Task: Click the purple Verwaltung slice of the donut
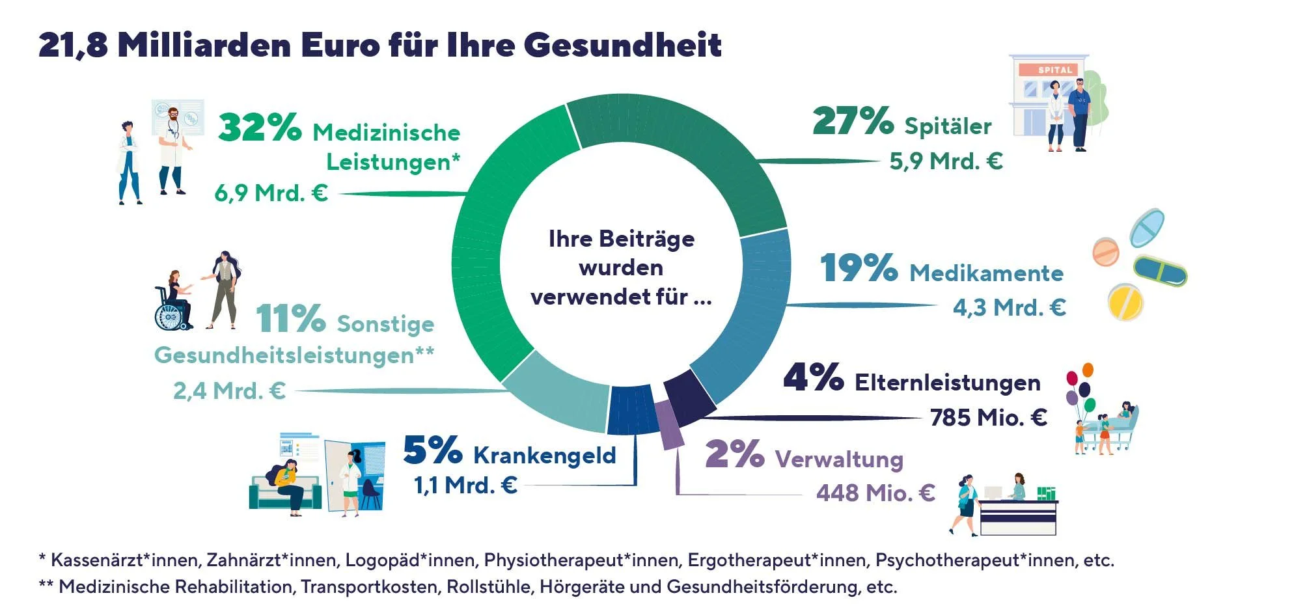[x=669, y=424]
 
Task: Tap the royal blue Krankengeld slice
[x=631, y=410]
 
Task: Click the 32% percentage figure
[x=260, y=127]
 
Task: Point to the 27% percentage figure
[x=853, y=121]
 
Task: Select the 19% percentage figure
[x=859, y=267]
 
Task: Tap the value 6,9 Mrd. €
[x=271, y=193]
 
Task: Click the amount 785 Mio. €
[x=988, y=417]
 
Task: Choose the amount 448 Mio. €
[x=875, y=493]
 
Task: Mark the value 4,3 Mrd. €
[x=1009, y=307]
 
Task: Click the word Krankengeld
[x=544, y=455]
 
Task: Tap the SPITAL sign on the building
[x=1054, y=70]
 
